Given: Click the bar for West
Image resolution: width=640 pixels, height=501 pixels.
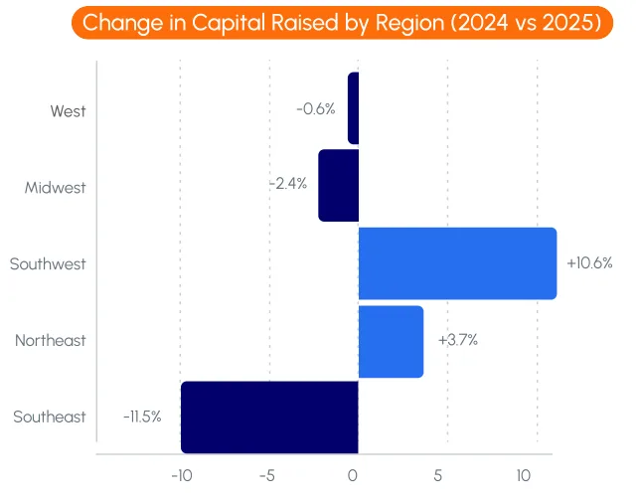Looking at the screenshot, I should tap(353, 108).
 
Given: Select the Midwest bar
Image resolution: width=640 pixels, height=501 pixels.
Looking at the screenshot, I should tap(338, 186).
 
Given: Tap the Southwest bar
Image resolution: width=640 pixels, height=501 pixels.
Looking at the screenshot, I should tap(457, 263).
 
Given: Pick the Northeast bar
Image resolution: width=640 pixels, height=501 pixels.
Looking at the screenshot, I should tap(391, 341).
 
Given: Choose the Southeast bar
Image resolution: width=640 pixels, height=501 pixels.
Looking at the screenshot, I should tap(269, 417).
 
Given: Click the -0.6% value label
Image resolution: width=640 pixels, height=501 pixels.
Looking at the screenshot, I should tap(316, 108).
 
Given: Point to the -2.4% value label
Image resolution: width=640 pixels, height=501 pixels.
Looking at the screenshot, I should tap(288, 184).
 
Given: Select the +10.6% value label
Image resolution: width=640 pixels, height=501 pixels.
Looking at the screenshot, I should tap(589, 263).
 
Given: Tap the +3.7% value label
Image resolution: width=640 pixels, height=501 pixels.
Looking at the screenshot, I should tap(457, 340).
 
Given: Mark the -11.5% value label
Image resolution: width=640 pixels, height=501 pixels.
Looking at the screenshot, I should tap(142, 417).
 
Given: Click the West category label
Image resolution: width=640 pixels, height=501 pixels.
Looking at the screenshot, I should tap(69, 110).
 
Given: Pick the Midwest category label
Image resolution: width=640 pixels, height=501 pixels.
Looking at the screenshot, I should tap(56, 187).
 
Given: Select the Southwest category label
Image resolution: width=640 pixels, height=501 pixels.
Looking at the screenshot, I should tap(48, 264).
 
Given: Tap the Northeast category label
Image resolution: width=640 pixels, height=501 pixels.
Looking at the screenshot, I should tap(51, 341).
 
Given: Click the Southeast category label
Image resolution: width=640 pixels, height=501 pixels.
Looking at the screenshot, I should tap(50, 417).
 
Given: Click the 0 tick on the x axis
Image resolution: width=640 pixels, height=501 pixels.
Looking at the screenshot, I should tap(353, 475).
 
